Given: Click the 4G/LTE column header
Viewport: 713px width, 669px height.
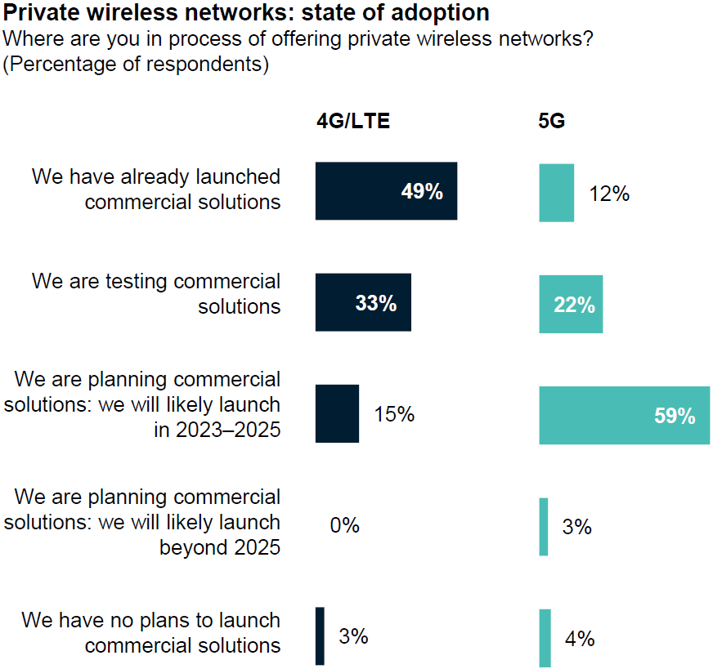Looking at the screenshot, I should [353, 122].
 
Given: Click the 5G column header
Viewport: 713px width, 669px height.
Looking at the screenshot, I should [552, 122].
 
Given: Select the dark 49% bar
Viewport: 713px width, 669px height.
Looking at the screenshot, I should [386, 191].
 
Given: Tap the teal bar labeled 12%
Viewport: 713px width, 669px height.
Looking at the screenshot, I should [556, 193].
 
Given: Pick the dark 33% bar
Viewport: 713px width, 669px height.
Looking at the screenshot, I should [363, 302].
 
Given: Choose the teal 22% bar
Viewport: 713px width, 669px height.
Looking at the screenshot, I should [571, 305].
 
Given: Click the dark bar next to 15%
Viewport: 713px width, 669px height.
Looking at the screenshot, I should [337, 413].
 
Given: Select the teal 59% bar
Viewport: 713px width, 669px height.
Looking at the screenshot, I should [624, 415].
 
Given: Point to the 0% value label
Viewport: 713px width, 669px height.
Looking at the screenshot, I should [344, 525].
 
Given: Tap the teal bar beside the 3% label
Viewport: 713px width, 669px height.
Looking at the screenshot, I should [544, 527].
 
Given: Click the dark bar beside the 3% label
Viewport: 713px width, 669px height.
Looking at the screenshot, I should [320, 636].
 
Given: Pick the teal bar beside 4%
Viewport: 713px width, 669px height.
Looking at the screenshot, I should [545, 638].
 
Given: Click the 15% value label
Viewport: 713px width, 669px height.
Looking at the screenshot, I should [394, 414].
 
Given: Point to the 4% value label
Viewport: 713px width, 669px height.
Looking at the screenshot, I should [580, 639].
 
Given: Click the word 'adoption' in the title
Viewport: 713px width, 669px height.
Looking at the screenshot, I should [438, 13].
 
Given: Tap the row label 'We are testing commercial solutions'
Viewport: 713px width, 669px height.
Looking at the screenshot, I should [156, 294].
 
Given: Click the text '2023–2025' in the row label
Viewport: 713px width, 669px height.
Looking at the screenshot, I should [228, 429].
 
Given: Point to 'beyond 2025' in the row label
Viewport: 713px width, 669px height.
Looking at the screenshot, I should [220, 546].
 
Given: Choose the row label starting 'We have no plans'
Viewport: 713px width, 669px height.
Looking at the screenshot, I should [151, 632].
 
